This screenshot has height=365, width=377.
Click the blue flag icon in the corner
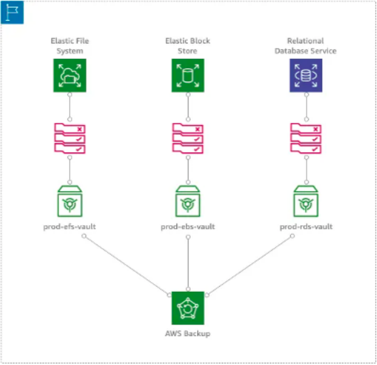click(12, 12)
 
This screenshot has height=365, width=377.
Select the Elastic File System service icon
click(70, 75)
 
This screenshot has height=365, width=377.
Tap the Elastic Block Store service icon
click(188, 75)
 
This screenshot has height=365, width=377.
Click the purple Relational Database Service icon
click(306, 75)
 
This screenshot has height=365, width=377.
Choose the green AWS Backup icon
click(188, 308)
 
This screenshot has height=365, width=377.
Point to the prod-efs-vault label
click(70, 227)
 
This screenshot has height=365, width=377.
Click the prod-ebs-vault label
click(188, 227)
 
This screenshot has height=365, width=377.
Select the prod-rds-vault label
click(306, 227)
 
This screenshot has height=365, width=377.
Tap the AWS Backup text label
click(188, 334)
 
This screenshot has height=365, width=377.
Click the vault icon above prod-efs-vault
click(70, 201)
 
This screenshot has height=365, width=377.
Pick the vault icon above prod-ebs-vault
click(188, 201)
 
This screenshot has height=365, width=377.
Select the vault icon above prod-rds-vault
click(306, 201)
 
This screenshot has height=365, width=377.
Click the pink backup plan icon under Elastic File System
click(70, 138)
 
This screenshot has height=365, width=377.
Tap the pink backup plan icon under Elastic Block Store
click(188, 138)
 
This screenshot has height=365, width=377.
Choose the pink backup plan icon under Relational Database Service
click(306, 138)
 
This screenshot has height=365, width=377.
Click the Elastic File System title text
click(70, 46)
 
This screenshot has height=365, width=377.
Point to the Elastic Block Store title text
click(188, 46)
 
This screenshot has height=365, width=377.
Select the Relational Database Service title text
click(306, 46)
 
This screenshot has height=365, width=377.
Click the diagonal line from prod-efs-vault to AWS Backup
click(127, 266)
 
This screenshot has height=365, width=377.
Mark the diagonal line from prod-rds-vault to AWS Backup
click(250, 266)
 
